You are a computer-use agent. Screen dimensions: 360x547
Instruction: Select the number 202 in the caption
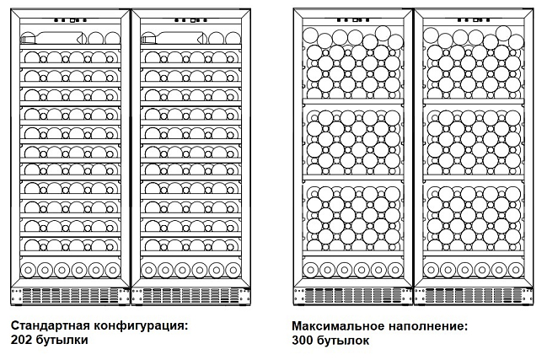coord(23,340)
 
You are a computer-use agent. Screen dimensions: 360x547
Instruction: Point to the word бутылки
coord(62,340)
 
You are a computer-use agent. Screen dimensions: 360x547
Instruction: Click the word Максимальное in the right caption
coord(334,325)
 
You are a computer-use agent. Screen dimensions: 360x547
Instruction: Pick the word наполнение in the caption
coord(422,325)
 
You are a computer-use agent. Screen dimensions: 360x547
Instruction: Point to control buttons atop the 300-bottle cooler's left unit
coord(353,18)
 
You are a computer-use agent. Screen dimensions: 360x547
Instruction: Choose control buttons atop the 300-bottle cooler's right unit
coord(475,18)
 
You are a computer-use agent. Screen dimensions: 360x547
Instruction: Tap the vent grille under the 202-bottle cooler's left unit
coord(72,295)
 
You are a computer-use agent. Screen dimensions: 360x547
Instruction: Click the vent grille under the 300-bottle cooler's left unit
coord(353,296)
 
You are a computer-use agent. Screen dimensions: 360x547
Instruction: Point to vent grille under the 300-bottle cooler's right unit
coord(475,296)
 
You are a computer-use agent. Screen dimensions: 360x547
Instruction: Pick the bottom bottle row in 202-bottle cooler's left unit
coord(72,271)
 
